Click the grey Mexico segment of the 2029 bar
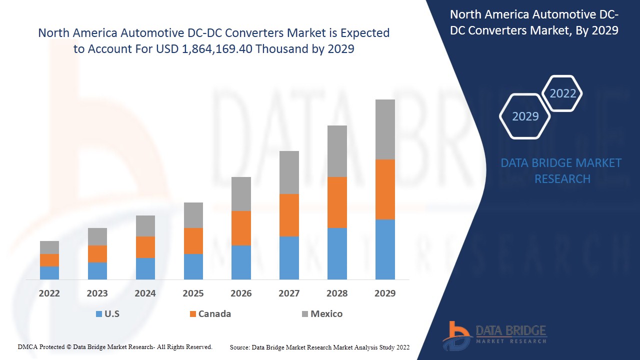[x=385, y=129]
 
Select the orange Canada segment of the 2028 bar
[x=337, y=202]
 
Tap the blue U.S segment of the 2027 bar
[x=289, y=257]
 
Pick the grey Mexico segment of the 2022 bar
[x=49, y=247]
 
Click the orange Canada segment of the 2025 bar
[x=193, y=241]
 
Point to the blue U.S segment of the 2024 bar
[x=145, y=268]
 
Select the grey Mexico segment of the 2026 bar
[x=241, y=194]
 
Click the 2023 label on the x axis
[x=97, y=293]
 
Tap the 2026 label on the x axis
[x=241, y=293]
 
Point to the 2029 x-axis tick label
[x=385, y=293]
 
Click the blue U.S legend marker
[x=99, y=314]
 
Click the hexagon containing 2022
[x=562, y=93]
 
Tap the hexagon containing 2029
[x=525, y=116]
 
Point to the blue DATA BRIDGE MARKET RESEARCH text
[x=562, y=171]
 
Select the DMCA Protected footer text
[x=115, y=346]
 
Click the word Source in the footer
[x=239, y=347]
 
